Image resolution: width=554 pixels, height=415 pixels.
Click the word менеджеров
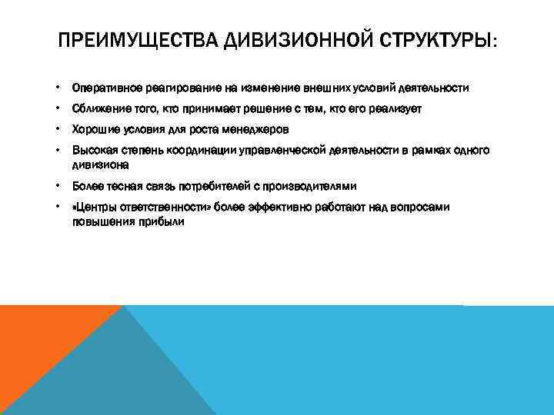pyautogui.click(x=255, y=130)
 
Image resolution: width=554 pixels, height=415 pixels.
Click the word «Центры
pyautogui.click(x=94, y=207)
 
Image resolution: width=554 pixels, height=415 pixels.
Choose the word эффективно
pyautogui.click(x=291, y=207)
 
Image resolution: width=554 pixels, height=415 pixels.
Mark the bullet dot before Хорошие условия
pyautogui.click(x=58, y=130)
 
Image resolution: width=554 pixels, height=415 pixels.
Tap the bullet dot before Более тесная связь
pyautogui.click(x=58, y=186)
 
